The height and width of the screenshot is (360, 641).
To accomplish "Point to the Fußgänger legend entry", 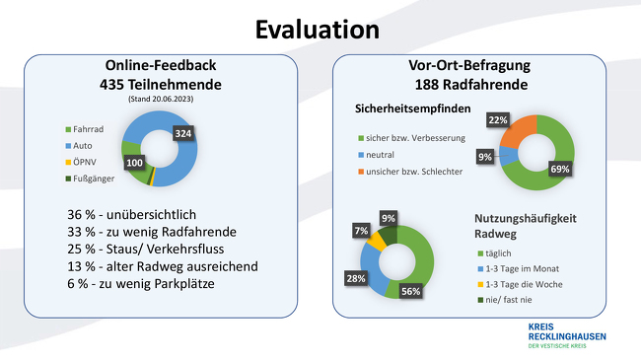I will click(x=90, y=178).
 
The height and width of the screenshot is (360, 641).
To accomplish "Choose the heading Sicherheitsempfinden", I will click(x=413, y=108).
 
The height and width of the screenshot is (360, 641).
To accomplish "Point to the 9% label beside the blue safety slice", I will click(x=484, y=155).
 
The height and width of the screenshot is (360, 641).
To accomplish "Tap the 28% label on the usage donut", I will click(x=353, y=280).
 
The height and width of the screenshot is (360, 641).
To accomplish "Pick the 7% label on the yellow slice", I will click(x=361, y=231).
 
